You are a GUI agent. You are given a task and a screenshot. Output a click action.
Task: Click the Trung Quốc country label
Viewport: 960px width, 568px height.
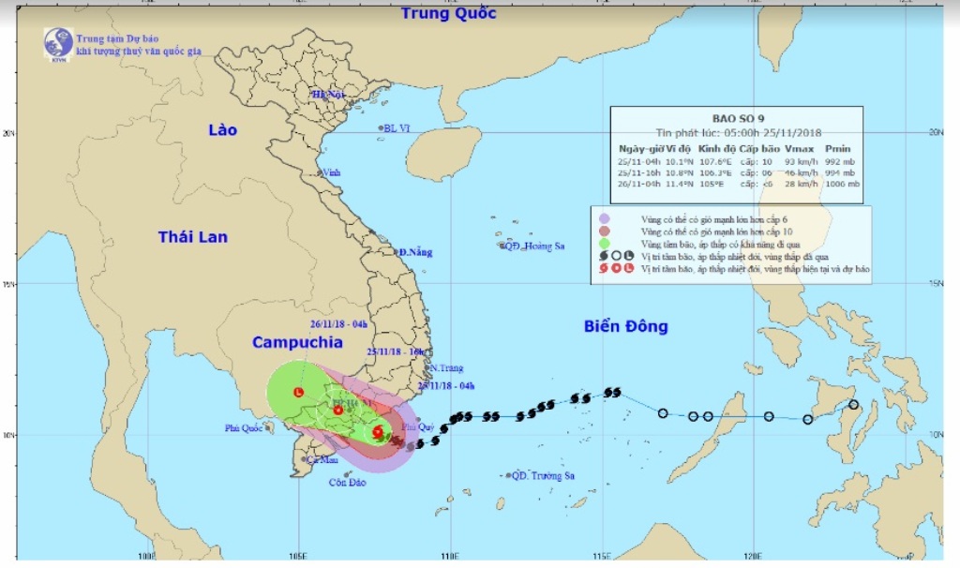(448, 14)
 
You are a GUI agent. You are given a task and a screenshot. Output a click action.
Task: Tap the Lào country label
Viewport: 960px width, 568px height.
(223, 130)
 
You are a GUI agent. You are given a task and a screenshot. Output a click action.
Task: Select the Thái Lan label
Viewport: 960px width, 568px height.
(193, 237)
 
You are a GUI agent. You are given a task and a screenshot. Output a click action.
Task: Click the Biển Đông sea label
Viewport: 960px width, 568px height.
(626, 326)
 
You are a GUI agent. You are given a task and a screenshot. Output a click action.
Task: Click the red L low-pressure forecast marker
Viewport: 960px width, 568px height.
(297, 392)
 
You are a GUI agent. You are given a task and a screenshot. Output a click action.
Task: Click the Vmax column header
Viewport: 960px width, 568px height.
(799, 148)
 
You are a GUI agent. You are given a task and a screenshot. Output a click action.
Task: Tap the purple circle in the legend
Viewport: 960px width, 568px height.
(605, 218)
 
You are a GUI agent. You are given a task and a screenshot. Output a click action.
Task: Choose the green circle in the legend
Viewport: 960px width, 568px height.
(605, 243)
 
